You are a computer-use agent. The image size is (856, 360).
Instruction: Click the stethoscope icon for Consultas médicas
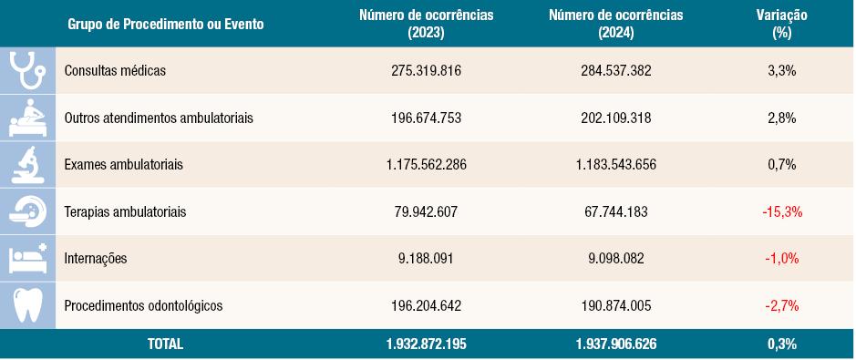pos(27,70)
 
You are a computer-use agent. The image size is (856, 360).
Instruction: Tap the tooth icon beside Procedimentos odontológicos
pos(27,305)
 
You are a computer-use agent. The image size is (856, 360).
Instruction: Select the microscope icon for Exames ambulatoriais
pos(27,165)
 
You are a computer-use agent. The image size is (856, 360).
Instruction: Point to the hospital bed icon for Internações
pos(27,259)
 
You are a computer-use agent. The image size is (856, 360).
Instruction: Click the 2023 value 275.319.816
pos(427,71)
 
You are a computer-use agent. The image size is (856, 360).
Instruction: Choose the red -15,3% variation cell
pos(781,212)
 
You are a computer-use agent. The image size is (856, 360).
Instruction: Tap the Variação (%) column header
pos(781,24)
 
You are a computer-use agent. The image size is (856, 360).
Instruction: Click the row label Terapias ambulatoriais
pos(126,212)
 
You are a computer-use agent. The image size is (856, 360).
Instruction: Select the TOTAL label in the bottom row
pos(165,345)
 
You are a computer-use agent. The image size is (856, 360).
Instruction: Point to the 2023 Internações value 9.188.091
pos(427,259)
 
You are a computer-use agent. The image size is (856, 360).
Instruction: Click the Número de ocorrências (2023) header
pos(427,24)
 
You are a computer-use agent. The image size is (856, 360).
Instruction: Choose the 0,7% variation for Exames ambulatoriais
pos(781,165)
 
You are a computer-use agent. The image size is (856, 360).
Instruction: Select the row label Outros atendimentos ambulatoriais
pos(160,118)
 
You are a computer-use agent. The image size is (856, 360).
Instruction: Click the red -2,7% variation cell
pos(781,306)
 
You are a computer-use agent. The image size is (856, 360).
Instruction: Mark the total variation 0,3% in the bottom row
pos(781,345)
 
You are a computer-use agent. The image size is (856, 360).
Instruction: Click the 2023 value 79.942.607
pos(427,212)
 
